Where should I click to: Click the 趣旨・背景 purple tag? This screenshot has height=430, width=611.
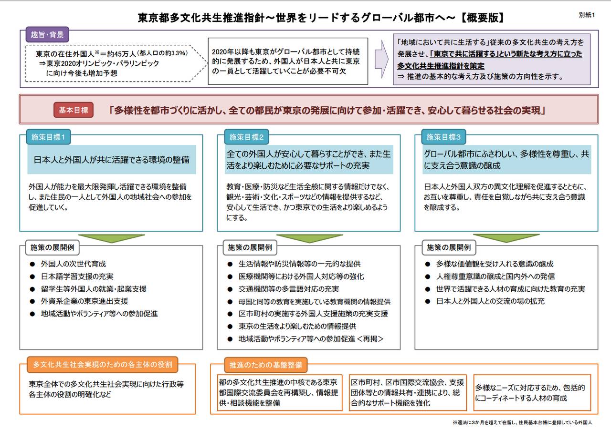tap(47, 34)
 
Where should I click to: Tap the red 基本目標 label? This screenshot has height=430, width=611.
tap(73, 110)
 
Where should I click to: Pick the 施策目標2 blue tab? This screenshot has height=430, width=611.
tap(246, 137)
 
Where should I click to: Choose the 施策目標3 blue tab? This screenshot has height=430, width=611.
tap(443, 137)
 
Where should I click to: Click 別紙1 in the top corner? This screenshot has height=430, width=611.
tap(587, 15)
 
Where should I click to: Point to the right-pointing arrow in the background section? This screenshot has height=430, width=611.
tap(381, 59)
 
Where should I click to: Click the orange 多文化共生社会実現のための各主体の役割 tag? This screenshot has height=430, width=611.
tap(103, 365)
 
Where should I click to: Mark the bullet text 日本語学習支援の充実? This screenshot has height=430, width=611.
tap(77, 276)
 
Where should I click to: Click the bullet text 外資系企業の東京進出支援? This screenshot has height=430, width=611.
tap(84, 301)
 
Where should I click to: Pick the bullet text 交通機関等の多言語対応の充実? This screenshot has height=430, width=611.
tap(289, 289)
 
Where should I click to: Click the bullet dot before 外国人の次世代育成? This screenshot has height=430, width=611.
tap(32, 264)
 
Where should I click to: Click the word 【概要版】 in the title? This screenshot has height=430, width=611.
tap(481, 18)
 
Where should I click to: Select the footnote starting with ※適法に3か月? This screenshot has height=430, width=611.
tap(522, 422)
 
